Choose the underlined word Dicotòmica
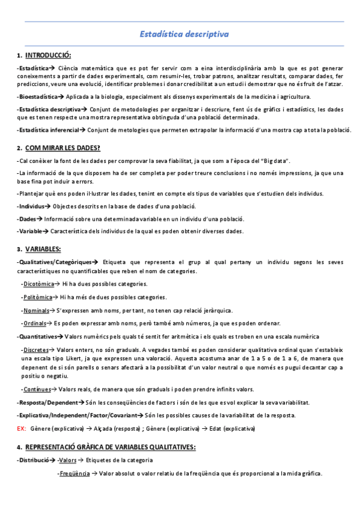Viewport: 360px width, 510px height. pyautogui.click(x=38, y=283)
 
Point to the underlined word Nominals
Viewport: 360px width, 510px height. pyautogui.click(x=36, y=310)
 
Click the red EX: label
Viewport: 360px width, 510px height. pyautogui.click(x=21, y=428)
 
